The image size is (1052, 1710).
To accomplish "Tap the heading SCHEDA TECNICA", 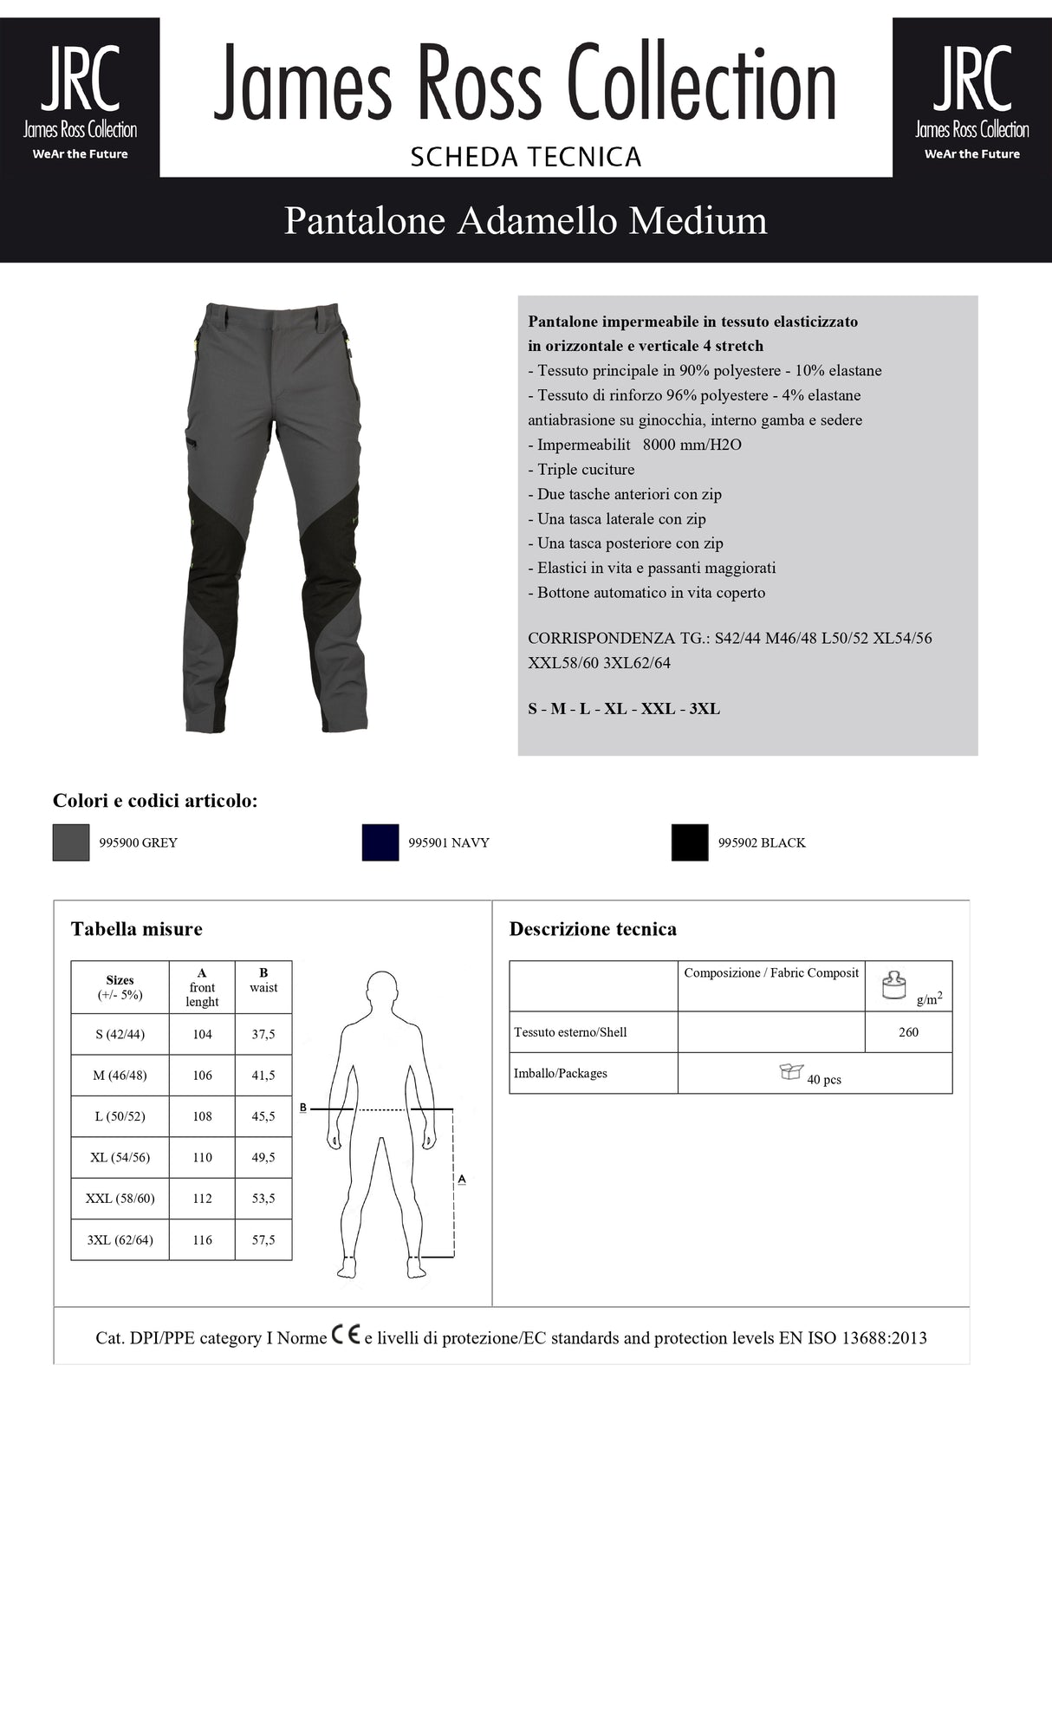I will click(525, 157).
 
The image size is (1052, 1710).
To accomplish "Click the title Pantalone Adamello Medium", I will click(525, 220).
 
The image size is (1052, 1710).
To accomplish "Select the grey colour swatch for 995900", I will click(71, 842).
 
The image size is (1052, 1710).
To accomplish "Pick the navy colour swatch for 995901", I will click(380, 842).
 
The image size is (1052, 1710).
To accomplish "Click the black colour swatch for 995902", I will click(690, 842).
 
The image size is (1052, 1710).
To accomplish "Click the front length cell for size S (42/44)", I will click(202, 1034).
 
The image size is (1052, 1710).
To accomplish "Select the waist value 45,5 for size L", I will click(263, 1116).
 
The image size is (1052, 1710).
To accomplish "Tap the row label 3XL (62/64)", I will click(120, 1240).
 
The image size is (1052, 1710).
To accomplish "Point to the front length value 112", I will click(202, 1199).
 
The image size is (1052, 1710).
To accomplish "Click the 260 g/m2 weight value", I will click(908, 1032).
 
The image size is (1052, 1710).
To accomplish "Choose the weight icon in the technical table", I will click(893, 985).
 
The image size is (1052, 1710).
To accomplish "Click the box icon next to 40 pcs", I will click(790, 1072).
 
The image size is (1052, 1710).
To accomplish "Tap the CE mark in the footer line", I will click(345, 1336).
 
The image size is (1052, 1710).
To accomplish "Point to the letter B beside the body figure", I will click(302, 1108).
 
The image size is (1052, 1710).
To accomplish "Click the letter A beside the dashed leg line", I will click(462, 1179).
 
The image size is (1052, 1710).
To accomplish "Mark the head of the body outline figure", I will click(382, 990).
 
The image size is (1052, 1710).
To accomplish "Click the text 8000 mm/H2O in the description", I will click(692, 445).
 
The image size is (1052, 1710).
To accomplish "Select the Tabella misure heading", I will click(136, 929).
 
